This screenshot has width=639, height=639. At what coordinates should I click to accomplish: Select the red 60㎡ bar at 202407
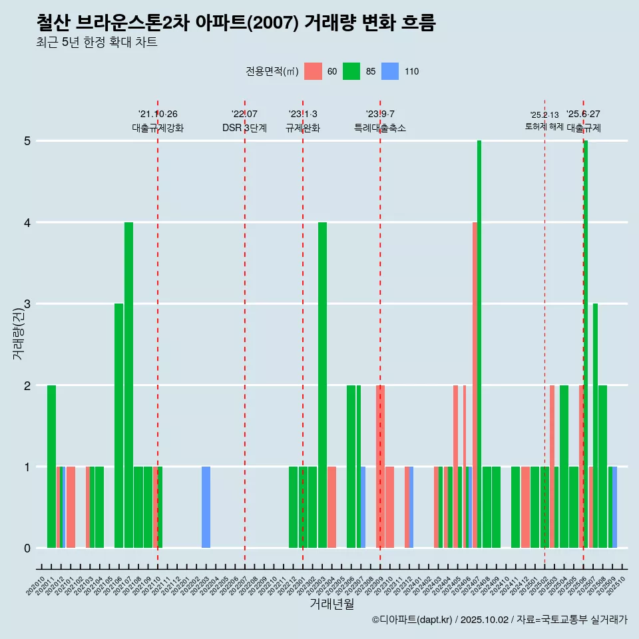coord(475,386)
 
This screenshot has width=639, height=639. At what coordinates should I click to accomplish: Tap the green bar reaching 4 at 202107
coord(128,386)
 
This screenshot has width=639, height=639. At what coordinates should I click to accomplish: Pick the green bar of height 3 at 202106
coord(118,426)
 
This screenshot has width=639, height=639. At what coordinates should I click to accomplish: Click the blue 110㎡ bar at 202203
coord(206,507)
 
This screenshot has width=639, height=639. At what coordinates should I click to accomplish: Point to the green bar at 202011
coord(51,466)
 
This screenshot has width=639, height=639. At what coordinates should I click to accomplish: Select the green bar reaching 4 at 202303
coord(322,386)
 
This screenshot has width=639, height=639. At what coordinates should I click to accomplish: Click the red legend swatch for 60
coord(313,72)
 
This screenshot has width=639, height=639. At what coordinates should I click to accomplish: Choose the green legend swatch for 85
coord(351,72)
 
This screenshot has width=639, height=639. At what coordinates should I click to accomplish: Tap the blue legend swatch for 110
coord(390,72)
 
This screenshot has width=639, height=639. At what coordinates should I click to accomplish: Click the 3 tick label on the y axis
coord(27,304)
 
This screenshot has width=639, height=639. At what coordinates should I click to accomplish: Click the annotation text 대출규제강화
coord(158,128)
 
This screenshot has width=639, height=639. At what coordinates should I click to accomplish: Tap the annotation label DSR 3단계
coord(245,128)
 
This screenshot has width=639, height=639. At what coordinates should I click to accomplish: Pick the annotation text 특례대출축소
coord(380,128)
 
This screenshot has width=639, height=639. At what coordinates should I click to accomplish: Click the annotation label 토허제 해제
coord(544,126)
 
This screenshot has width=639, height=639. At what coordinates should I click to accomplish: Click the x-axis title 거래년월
coord(331,604)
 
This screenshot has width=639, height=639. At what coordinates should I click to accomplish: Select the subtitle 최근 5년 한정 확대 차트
coord(97,43)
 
